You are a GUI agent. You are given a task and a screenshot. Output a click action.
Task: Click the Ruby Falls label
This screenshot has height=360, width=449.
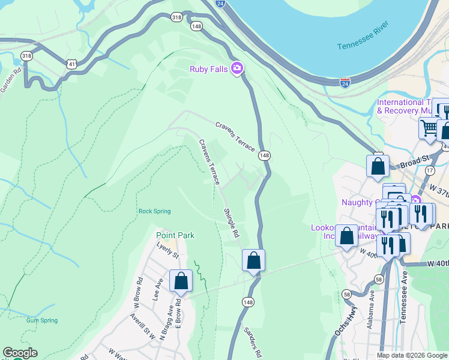point(208,69)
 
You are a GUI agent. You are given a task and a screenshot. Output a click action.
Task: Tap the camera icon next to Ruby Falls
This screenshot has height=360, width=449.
point(237,68)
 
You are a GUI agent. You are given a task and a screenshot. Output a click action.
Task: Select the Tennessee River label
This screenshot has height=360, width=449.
point(363,36)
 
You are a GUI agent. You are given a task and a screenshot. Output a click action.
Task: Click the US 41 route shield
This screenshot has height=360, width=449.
point(71,63)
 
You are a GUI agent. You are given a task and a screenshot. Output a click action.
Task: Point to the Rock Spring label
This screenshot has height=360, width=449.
point(154,211)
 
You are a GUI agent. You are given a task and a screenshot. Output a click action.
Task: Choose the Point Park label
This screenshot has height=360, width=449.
point(175,236)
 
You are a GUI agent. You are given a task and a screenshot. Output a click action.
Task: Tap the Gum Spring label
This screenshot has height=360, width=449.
point(42,320)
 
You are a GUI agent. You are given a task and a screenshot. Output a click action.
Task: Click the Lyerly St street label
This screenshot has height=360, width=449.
point(168,251)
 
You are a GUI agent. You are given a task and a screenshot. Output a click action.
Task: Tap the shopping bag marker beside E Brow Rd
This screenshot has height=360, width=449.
point(181,281)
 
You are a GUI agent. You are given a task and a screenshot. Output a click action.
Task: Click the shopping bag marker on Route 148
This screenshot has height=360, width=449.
point(253,260)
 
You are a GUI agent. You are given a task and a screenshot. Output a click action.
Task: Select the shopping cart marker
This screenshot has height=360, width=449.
point(429,127)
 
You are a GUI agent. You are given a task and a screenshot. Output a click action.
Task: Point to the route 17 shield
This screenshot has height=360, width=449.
point(429,170)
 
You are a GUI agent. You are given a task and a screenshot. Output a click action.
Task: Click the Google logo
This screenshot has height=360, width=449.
point(20,353)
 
